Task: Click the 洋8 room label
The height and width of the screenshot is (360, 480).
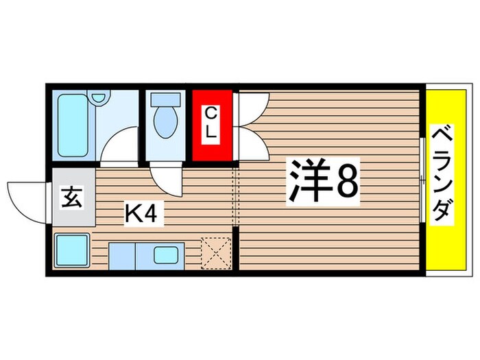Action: click(322, 182)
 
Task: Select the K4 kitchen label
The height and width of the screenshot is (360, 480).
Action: click(142, 215)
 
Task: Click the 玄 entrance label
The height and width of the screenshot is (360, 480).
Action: click(73, 199)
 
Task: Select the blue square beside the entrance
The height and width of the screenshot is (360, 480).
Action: click(71, 249)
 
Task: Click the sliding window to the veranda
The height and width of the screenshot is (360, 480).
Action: click(422, 180)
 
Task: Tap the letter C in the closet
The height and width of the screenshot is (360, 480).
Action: click(212, 112)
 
